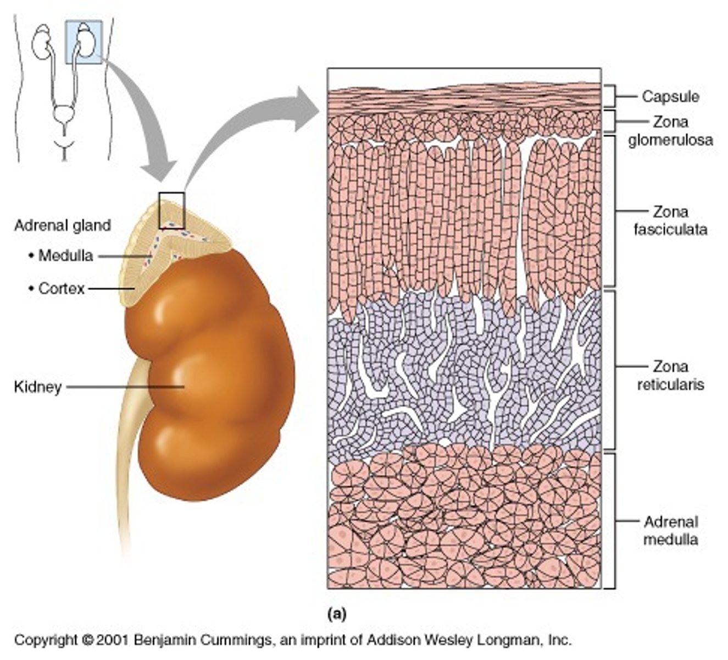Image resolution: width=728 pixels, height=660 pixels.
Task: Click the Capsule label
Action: (670, 97)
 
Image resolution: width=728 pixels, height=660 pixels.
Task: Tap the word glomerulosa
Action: (670, 140)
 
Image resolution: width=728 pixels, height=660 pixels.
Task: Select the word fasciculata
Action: (670, 229)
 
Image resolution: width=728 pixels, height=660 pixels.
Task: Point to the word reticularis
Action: (670, 384)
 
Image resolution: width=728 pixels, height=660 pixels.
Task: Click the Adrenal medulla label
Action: (670, 530)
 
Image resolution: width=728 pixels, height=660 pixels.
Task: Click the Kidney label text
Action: (37, 387)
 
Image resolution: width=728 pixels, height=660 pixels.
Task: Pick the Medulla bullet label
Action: (65, 256)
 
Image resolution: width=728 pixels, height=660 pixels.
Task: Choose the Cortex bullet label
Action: (60, 288)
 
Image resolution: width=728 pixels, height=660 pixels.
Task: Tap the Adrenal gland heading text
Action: (62, 226)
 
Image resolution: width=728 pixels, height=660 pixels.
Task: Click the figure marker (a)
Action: (336, 613)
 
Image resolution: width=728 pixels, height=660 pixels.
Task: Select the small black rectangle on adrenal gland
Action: (171, 210)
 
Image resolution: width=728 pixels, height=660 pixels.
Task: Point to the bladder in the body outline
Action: (64, 116)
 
